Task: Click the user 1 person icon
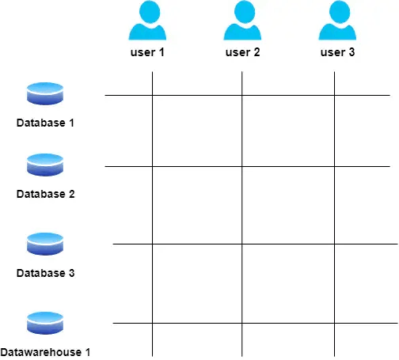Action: coord(147,21)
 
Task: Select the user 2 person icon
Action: coord(242,21)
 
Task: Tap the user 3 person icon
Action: coord(337,21)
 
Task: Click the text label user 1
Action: coord(147,52)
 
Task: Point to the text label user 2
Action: coord(242,52)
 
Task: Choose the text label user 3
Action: coord(337,52)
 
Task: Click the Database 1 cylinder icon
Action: coord(45,93)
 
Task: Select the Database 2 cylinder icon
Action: coord(45,165)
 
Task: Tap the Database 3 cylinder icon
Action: coord(45,244)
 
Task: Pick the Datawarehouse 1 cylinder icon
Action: coord(45,323)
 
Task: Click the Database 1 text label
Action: coord(45,123)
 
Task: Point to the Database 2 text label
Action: coord(45,194)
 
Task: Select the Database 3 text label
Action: coord(45,273)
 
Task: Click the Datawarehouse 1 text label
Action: coord(45,352)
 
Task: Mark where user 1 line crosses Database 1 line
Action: coord(152,95)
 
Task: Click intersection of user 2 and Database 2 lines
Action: coord(242,166)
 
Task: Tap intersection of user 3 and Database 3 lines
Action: coord(334,244)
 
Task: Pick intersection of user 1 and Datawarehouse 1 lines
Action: coord(152,323)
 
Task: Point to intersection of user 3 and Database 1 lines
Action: coord(334,95)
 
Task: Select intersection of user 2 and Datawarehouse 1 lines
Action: coord(242,323)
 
